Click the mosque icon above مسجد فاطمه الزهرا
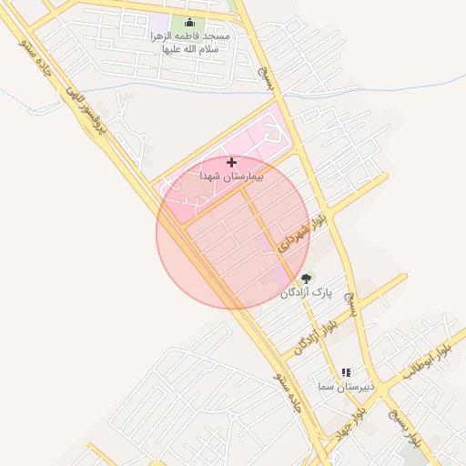click(189, 23)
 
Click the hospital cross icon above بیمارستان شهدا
click(231, 161)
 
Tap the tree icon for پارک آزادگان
click(305, 278)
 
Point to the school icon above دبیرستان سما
click(346, 372)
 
